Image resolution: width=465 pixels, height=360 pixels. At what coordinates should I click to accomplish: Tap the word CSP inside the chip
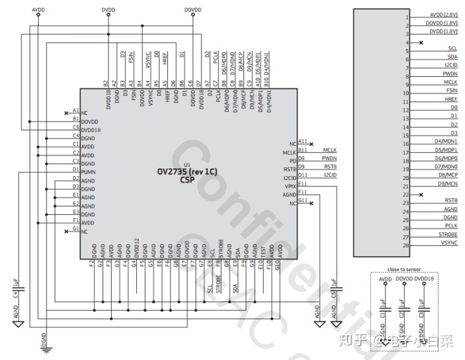point(187,181)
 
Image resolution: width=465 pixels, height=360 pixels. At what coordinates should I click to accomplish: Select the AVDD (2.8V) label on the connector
point(443,15)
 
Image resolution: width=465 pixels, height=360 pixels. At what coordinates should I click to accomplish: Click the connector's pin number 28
point(406,245)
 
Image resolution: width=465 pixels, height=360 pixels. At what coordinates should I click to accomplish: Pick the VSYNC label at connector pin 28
point(449,243)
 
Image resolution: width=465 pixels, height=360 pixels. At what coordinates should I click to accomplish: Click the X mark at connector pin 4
point(421,43)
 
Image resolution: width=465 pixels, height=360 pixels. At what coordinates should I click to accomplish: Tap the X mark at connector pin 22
point(421,194)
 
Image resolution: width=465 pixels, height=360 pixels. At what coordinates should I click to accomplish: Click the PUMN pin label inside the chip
point(89,172)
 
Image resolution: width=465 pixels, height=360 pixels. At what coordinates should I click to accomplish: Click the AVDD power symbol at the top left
point(38,14)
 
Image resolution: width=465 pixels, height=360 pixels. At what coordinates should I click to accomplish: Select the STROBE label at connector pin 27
point(448,235)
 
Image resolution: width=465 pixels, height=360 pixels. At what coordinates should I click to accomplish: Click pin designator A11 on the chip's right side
point(303,141)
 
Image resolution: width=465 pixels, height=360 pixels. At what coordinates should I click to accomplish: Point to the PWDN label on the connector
point(450,74)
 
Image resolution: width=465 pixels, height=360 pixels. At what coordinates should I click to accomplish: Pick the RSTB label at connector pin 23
point(450,201)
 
